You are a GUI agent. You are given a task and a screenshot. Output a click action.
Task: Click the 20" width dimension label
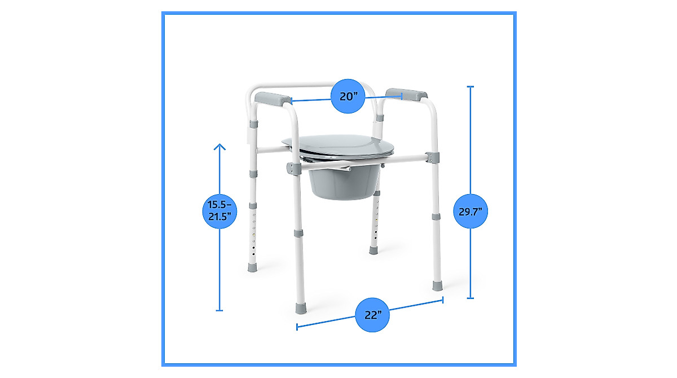(x=349, y=96)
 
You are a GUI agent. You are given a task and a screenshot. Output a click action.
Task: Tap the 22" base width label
(x=373, y=315)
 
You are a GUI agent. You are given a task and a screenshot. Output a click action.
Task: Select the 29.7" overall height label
(x=471, y=211)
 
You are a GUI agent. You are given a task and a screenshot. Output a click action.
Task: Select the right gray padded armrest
(x=406, y=94)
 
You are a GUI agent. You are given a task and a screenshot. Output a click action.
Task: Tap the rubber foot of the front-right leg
(x=437, y=284)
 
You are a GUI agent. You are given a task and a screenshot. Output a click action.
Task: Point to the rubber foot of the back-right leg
(x=373, y=249)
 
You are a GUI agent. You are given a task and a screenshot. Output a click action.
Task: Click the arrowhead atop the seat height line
(x=219, y=147)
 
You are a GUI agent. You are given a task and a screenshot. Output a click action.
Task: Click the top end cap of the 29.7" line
(x=471, y=87)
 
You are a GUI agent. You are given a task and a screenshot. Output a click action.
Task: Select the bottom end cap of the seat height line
(x=219, y=310)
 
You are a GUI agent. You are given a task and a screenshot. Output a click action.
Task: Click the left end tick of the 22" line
(x=297, y=327)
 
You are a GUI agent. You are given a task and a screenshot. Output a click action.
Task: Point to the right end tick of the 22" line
(x=443, y=300)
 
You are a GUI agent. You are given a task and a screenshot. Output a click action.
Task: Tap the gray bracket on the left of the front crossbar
(x=293, y=168)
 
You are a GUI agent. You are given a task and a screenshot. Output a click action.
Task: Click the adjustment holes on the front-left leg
(x=254, y=231)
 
